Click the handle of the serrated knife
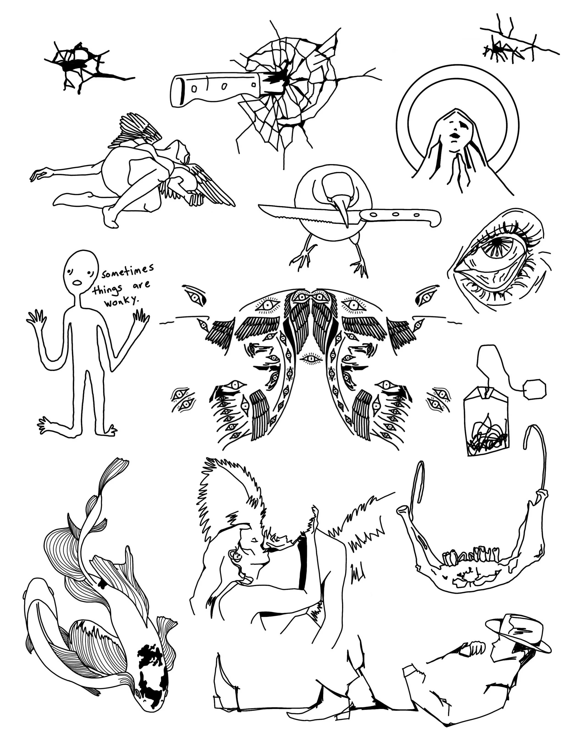click(x=401, y=216)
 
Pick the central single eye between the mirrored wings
click(x=310, y=359)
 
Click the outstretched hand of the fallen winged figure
click(x=39, y=175)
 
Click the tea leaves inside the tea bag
click(x=488, y=435)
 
